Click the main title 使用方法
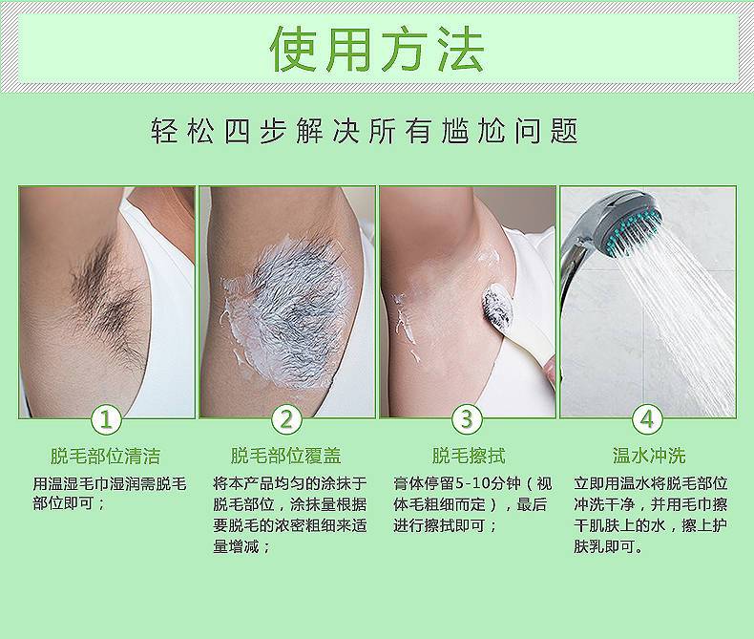tap(377, 49)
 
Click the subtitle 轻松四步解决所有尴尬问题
tap(366, 131)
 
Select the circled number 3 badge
tap(466, 418)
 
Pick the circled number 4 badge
tap(647, 418)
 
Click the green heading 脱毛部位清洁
tap(106, 455)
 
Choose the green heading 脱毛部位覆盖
tap(286, 455)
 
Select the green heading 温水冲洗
tap(648, 455)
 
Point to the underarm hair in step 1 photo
tap(105, 287)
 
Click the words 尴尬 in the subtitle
tap(457, 131)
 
